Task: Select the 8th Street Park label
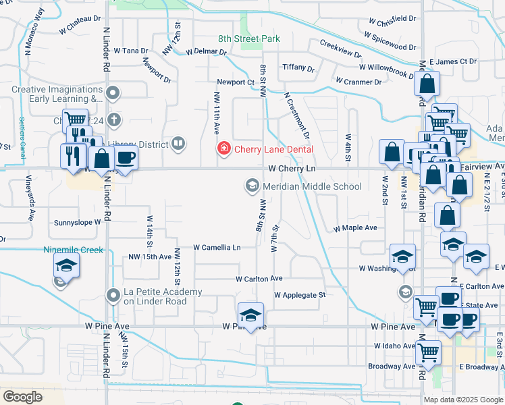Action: [248, 39]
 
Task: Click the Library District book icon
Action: [178, 142]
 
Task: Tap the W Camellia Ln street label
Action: [217, 248]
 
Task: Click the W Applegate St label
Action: [300, 295]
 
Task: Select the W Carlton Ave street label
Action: [259, 279]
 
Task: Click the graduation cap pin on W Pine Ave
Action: [250, 316]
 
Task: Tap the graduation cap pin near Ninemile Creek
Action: [67, 266]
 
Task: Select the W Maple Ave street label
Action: [355, 228]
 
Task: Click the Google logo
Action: [22, 396]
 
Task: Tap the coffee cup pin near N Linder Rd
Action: [126, 158]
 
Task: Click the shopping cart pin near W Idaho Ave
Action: [428, 351]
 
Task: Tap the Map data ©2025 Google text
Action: [463, 400]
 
